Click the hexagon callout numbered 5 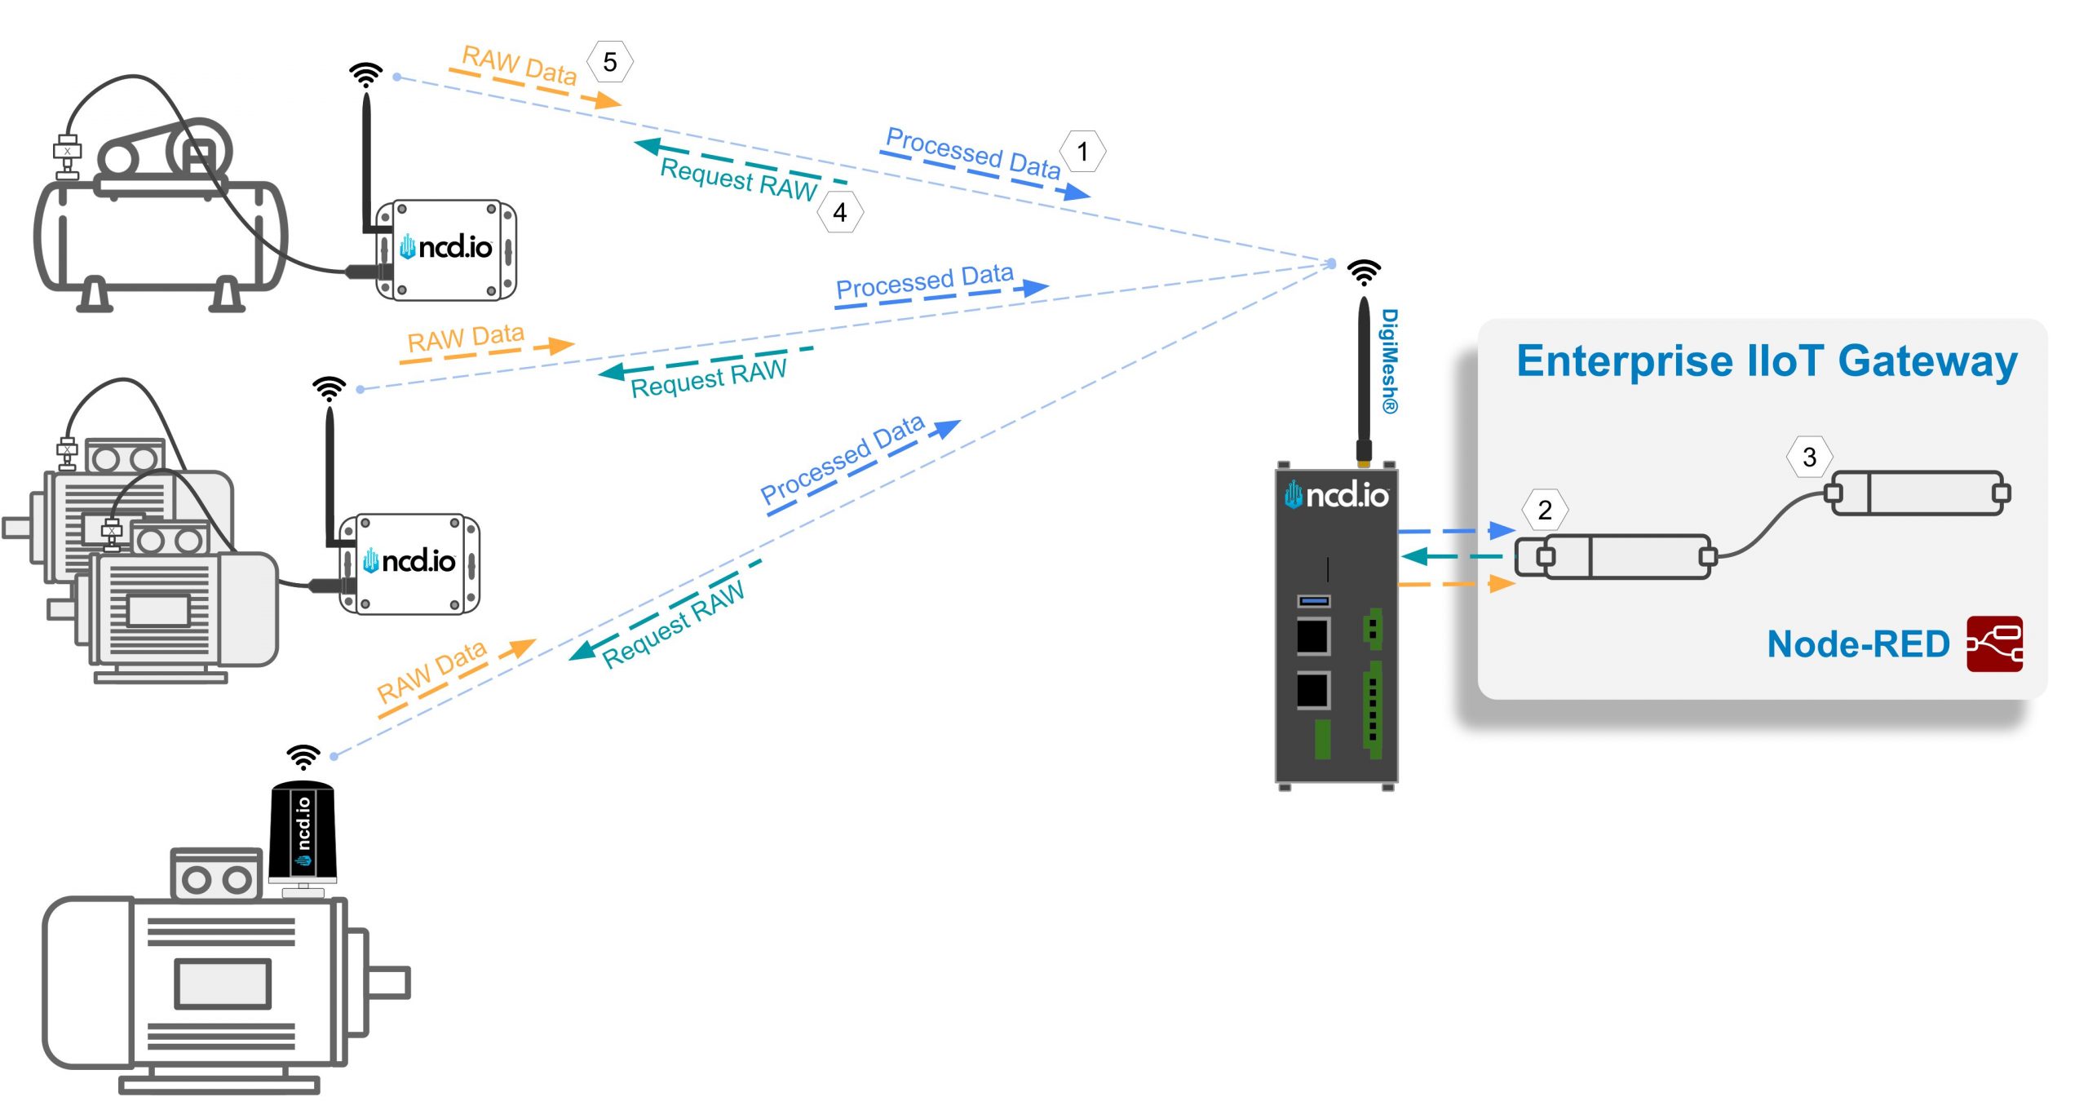610,62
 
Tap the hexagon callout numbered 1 1082,152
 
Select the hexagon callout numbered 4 840,213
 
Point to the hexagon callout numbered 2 1544,510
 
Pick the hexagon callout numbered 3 1809,457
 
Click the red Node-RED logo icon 1993,644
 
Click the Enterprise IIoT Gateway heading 1766,361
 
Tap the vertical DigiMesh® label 1389,360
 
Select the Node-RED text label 1857,644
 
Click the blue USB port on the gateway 1313,601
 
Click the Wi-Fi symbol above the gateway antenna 1364,272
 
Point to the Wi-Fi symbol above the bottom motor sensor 303,757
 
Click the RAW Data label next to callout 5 520,65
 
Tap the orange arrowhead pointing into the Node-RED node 1501,584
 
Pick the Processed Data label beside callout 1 972,153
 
